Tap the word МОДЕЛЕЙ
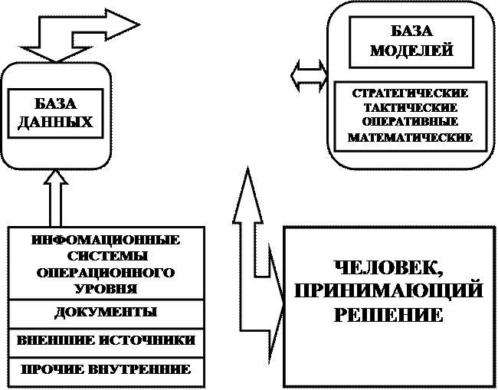[x=411, y=51]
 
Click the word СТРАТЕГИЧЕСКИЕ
[x=411, y=93]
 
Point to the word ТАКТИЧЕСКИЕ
[x=411, y=107]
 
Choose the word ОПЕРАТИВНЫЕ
[x=411, y=122]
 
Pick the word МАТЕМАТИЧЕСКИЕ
[x=411, y=138]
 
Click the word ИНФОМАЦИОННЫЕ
[x=106, y=240]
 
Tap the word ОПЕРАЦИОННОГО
[x=106, y=273]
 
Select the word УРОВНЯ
[x=106, y=289]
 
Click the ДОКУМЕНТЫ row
[x=106, y=313]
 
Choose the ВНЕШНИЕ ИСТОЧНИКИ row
[x=106, y=340]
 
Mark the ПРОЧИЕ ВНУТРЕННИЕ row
[x=106, y=369]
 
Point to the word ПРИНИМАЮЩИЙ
[x=388, y=291]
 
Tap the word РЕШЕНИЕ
[x=388, y=315]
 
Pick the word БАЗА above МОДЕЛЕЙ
[x=411, y=31]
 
